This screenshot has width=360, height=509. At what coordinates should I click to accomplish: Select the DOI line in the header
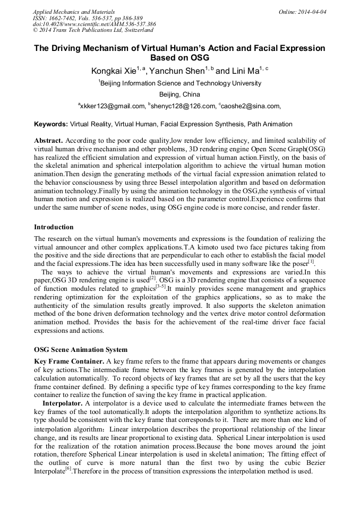(x=95, y=24)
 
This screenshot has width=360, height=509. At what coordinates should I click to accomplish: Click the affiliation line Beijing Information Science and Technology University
(x=181, y=83)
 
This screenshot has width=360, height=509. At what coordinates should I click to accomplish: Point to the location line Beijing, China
(x=179, y=94)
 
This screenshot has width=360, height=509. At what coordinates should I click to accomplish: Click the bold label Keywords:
(x=51, y=124)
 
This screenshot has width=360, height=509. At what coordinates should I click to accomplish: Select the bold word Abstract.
(x=48, y=141)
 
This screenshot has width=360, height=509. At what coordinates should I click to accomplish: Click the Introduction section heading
(x=54, y=227)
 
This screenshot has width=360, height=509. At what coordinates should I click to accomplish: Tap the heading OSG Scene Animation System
(x=81, y=349)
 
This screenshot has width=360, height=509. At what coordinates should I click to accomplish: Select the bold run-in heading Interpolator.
(x=63, y=403)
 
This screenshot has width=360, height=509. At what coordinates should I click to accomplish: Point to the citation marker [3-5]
(x=160, y=286)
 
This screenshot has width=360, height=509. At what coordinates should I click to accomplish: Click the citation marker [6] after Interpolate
(x=68, y=469)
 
